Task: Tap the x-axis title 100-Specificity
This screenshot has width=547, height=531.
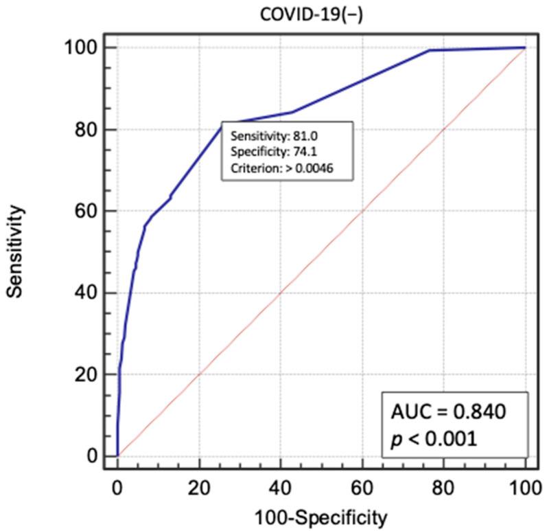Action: pyautogui.click(x=321, y=516)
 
